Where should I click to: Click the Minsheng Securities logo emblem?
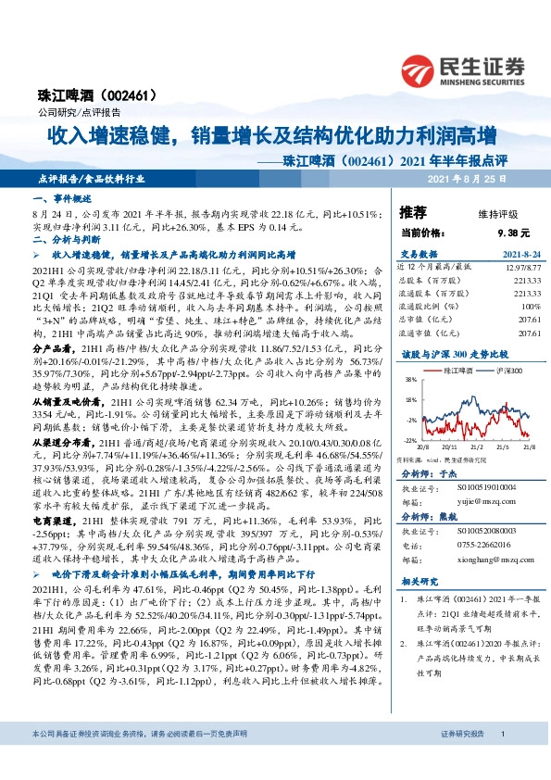click(x=419, y=68)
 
